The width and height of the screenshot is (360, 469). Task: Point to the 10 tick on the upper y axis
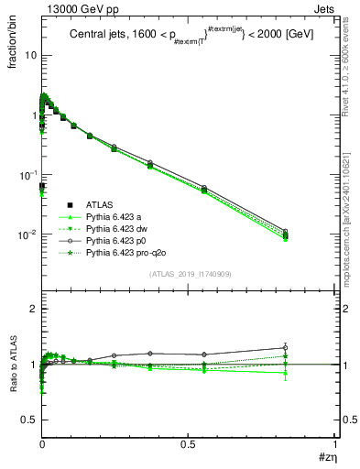point(30,55)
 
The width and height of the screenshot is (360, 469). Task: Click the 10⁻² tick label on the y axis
point(27,234)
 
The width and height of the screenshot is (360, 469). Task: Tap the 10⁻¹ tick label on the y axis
point(27,175)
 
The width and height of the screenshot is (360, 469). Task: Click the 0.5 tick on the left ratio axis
point(31,419)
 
